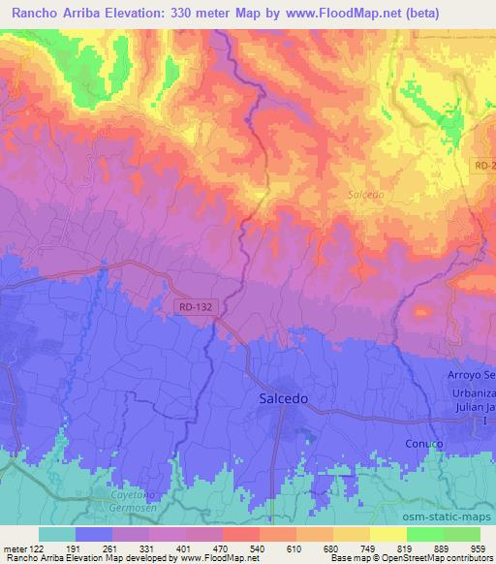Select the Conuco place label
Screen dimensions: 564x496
coord(423,443)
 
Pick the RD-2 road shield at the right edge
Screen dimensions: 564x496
coord(484,168)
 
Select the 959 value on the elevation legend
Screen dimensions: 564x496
coord(480,548)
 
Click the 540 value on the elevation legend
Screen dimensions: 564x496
coord(255,548)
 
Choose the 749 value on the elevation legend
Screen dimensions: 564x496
coord(367,548)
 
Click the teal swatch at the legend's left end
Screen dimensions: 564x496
coord(56,534)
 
